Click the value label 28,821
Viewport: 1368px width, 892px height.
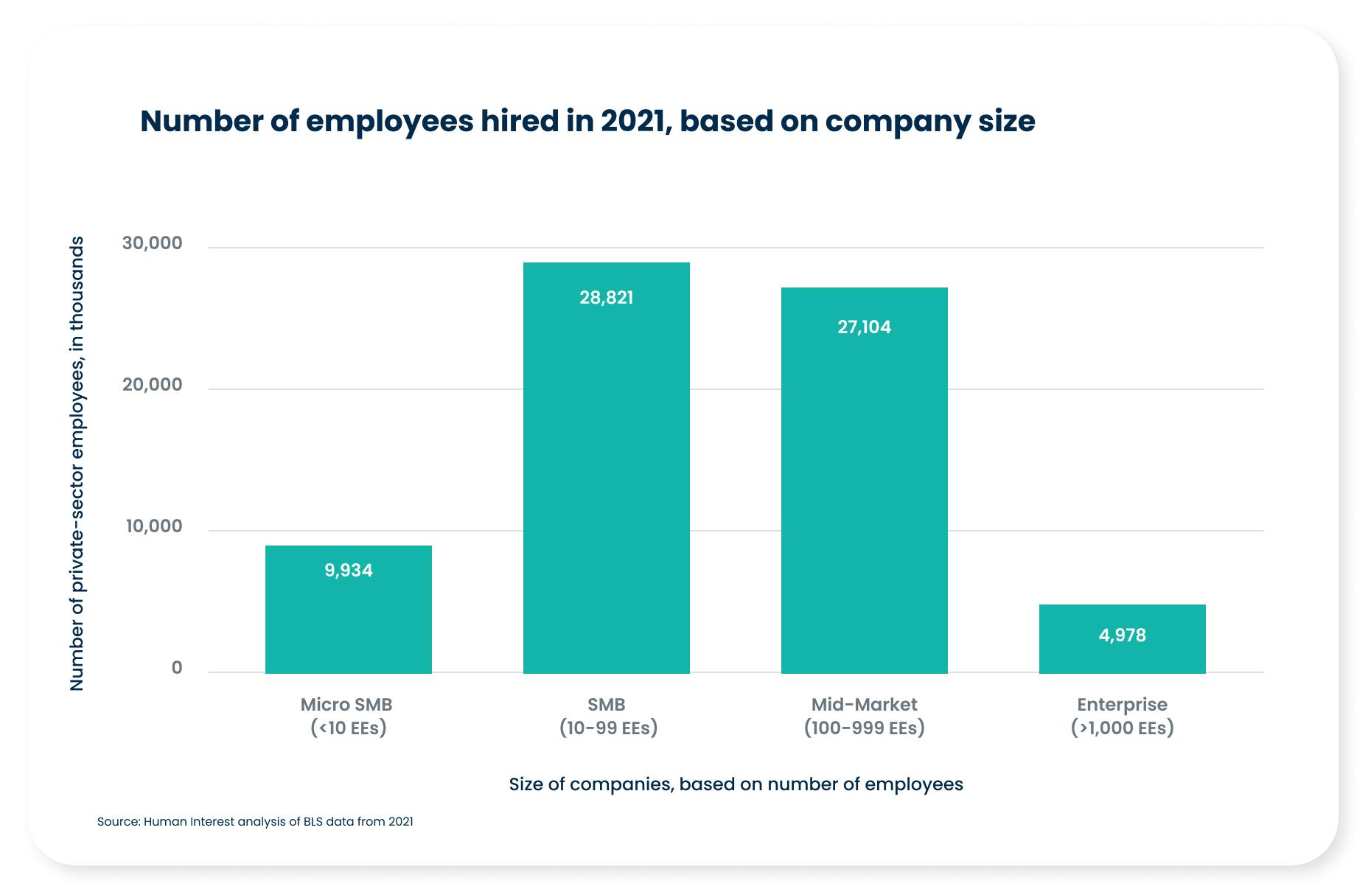point(606,298)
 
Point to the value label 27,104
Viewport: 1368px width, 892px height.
point(864,327)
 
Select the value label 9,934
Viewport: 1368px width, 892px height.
point(348,571)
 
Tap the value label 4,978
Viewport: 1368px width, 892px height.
point(1122,635)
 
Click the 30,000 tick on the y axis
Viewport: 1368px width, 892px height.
point(152,243)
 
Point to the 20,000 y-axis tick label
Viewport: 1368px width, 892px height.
point(152,385)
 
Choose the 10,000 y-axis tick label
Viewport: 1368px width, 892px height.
point(153,526)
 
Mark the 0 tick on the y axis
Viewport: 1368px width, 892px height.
point(177,668)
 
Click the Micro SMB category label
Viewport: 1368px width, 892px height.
point(346,705)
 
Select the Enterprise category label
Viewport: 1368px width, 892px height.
point(1122,705)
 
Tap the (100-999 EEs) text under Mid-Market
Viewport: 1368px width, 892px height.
point(864,728)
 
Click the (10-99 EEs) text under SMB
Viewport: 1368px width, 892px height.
point(607,728)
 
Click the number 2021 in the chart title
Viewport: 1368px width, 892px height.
point(633,122)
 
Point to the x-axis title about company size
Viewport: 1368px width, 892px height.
point(736,784)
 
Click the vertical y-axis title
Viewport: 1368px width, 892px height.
point(77,463)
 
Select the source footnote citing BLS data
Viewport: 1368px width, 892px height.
point(255,821)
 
